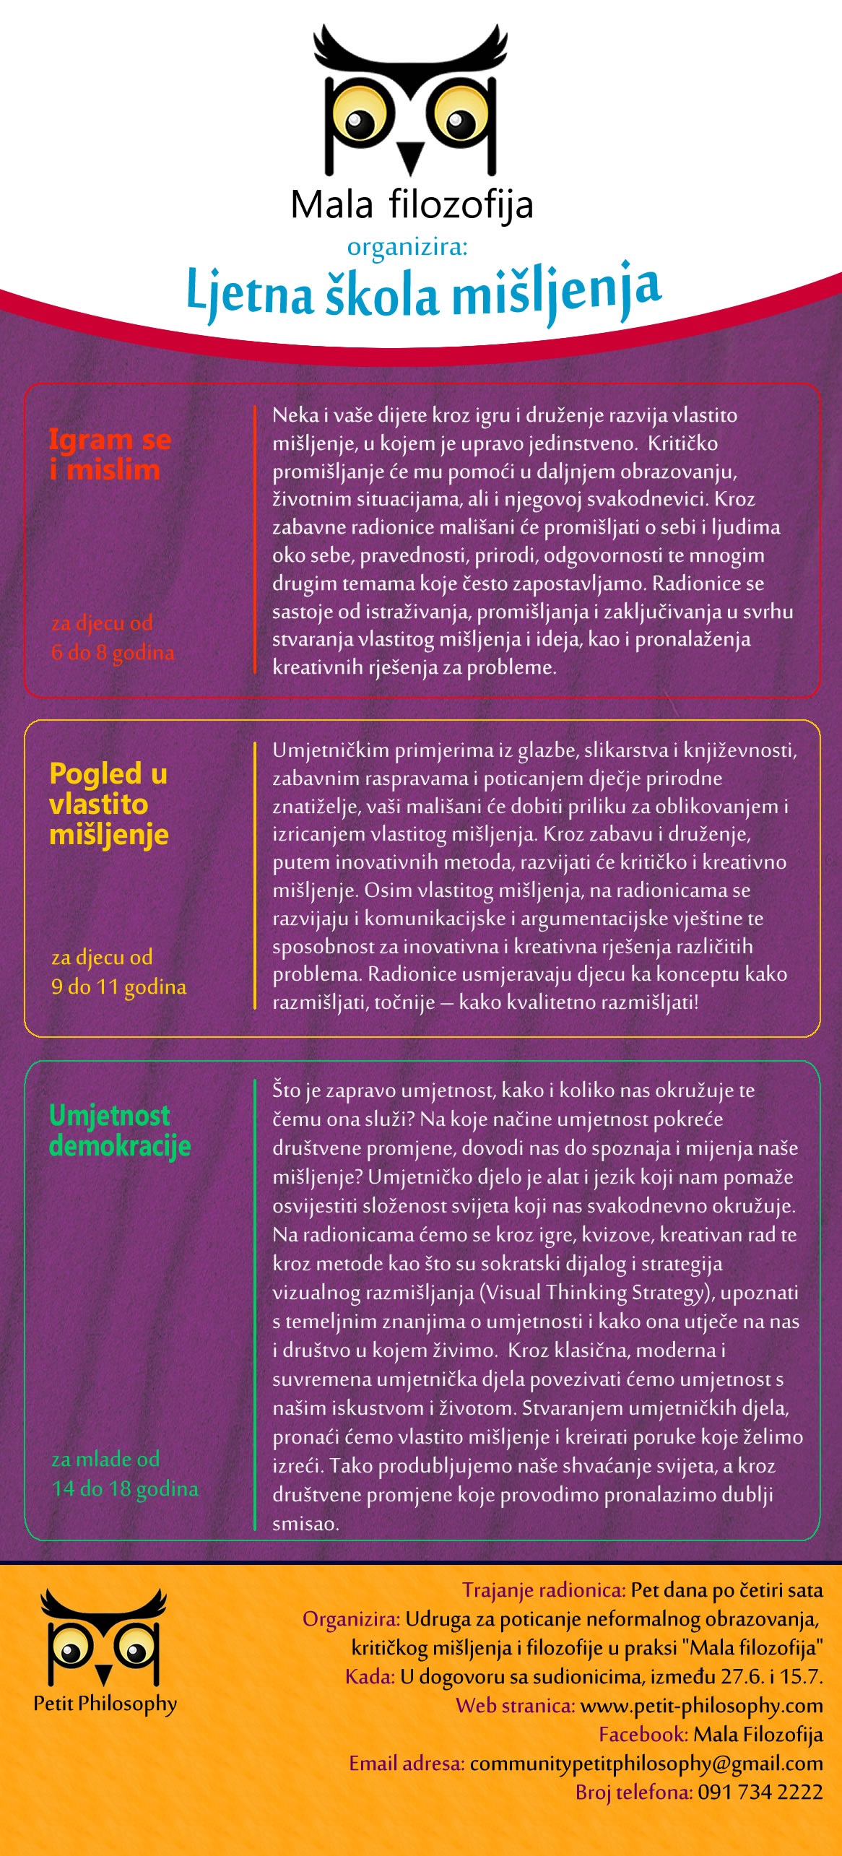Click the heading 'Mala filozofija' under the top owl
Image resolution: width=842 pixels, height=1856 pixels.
(x=412, y=205)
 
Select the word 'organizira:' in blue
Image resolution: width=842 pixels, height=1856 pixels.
(x=407, y=247)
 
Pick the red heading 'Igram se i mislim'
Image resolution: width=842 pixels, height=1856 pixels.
(x=110, y=454)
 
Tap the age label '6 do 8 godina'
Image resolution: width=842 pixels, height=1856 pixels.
(x=113, y=652)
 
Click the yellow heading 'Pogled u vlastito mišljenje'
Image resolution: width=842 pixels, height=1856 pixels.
(x=109, y=804)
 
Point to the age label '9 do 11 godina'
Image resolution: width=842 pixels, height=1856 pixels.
(x=119, y=986)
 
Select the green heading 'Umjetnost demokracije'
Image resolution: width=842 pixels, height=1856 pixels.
(x=120, y=1131)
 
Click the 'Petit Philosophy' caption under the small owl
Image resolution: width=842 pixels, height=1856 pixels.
(x=105, y=1704)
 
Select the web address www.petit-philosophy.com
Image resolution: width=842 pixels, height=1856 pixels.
(x=701, y=1706)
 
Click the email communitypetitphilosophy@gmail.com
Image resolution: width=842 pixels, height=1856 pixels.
(x=646, y=1764)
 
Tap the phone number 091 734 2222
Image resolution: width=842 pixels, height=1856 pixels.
(x=760, y=1792)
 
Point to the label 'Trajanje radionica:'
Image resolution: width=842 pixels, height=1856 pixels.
(x=544, y=1590)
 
